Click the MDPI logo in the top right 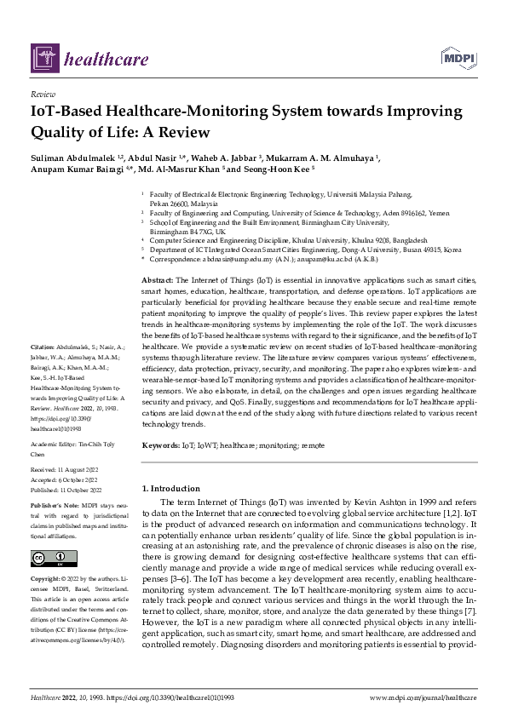click(x=458, y=57)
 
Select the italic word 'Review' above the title click(x=43, y=94)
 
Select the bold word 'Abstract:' click(x=158, y=280)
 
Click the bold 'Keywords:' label click(x=160, y=445)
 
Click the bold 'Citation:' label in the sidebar click(x=42, y=348)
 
